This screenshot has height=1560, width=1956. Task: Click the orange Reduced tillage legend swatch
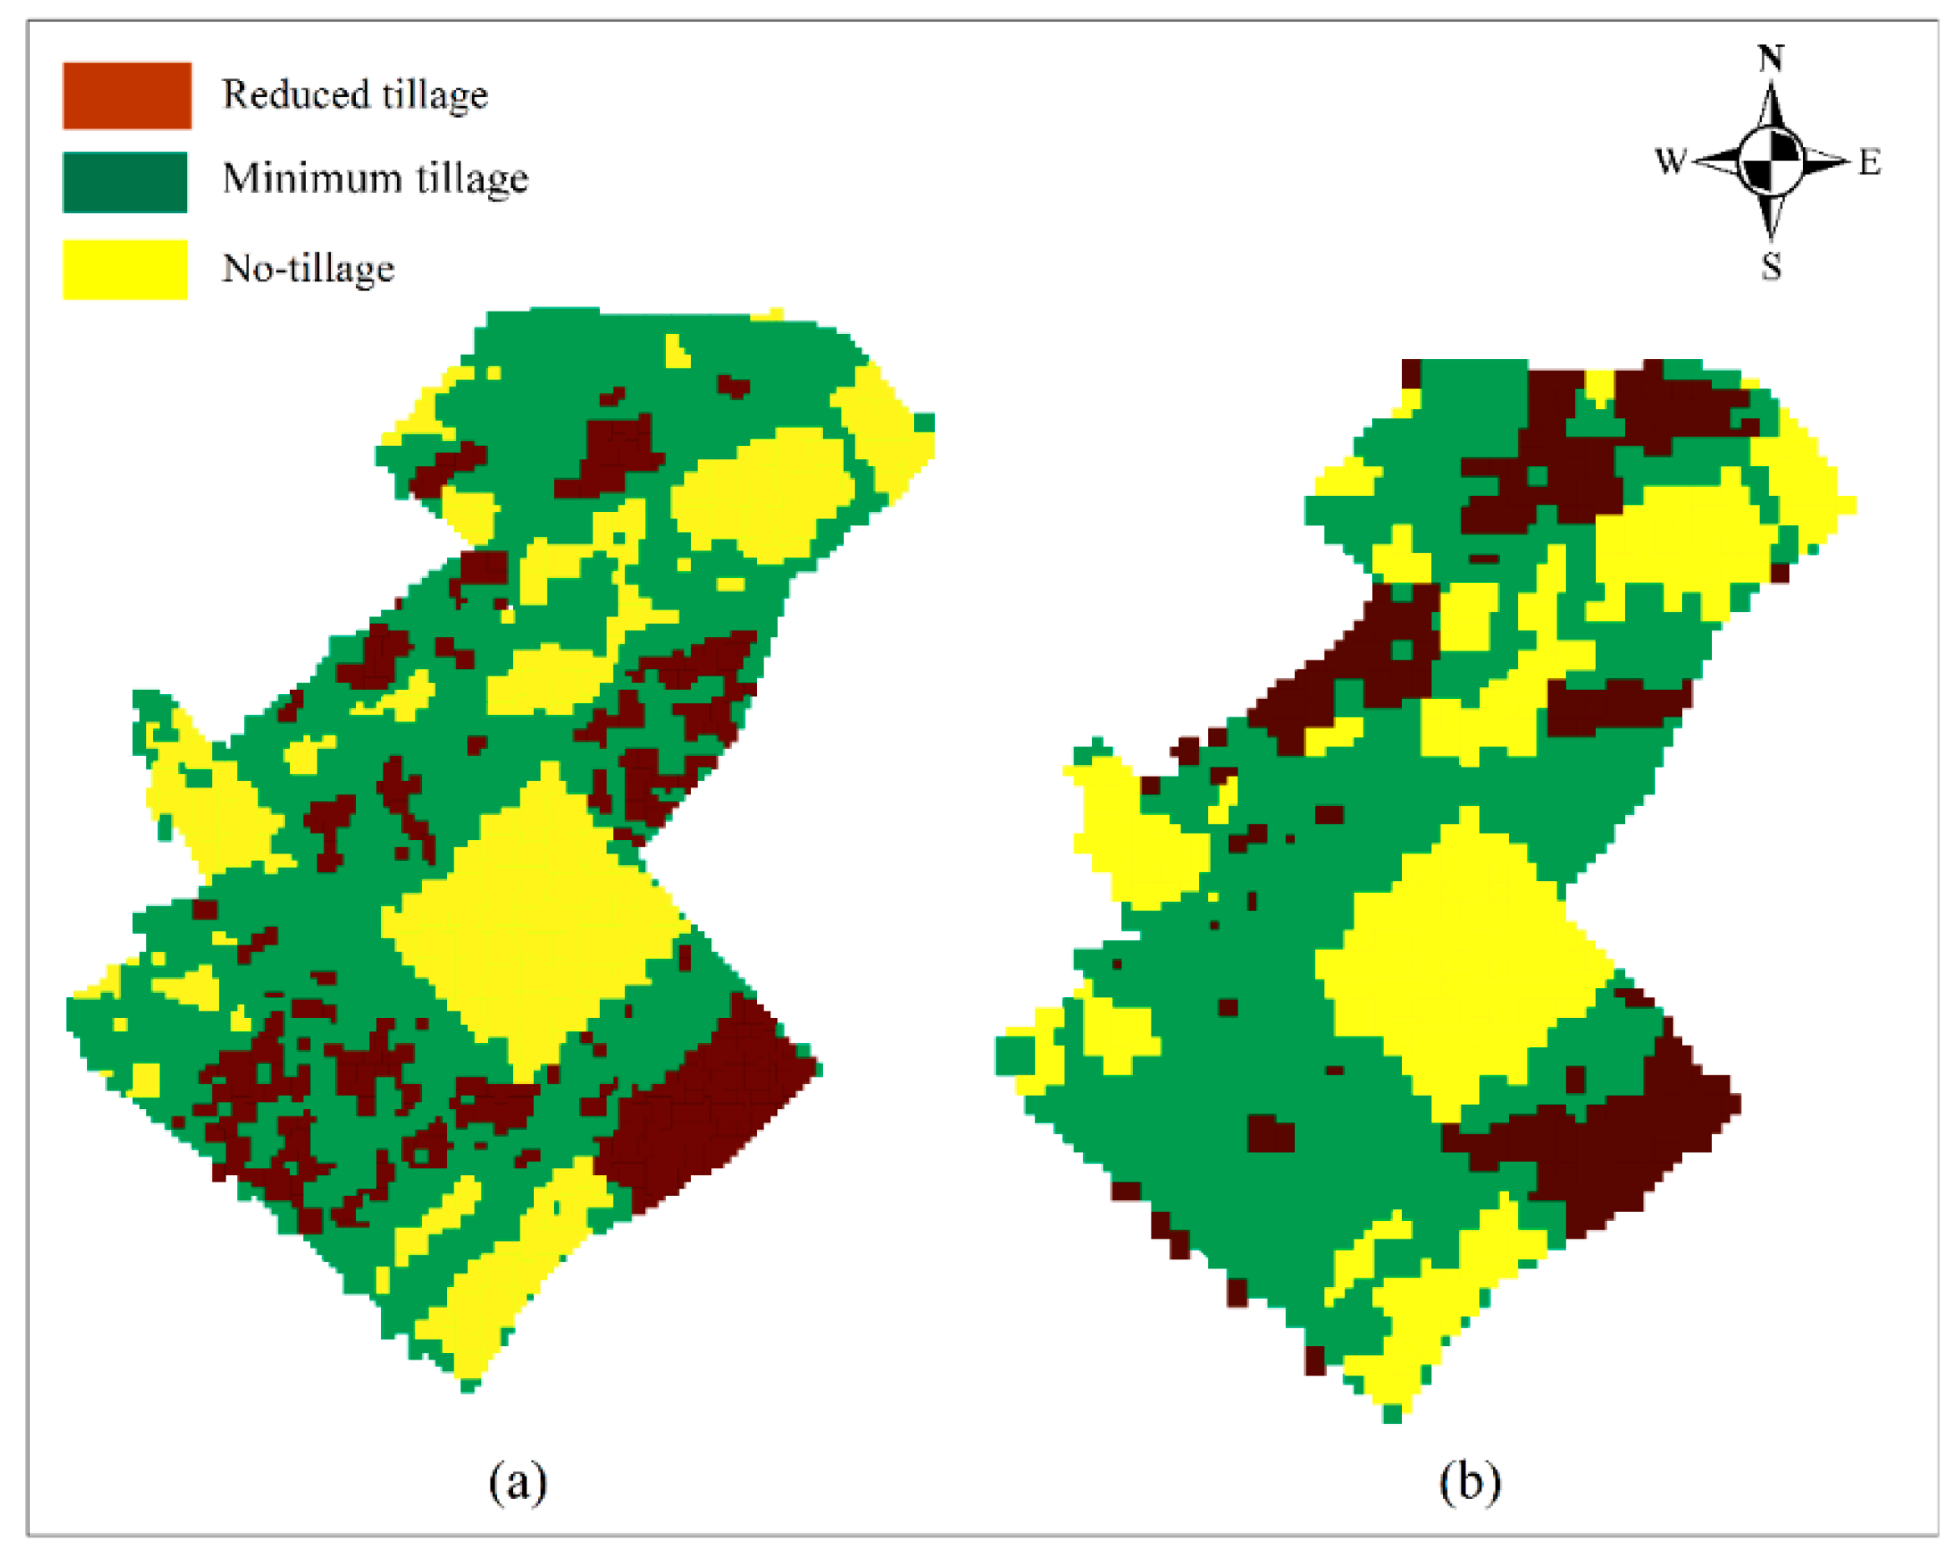click(126, 95)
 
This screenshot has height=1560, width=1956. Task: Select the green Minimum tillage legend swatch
click(124, 181)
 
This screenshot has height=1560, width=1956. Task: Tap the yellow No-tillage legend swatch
click(124, 270)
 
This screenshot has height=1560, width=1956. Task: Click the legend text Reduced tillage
click(355, 95)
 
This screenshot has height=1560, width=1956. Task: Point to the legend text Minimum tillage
click(374, 179)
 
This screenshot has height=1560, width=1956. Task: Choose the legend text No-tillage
click(308, 268)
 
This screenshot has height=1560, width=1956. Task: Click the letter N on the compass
click(1771, 59)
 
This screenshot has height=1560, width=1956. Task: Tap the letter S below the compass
click(1771, 267)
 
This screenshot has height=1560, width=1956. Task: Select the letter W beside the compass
click(1670, 161)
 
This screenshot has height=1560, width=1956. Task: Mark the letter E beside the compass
click(1870, 163)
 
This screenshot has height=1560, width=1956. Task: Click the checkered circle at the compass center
click(1771, 161)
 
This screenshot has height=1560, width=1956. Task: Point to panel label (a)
click(518, 1482)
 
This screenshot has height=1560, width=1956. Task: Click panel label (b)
click(1470, 1482)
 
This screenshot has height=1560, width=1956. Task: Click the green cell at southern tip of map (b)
click(1393, 1413)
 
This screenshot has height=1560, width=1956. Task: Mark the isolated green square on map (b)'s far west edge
click(1014, 1055)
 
